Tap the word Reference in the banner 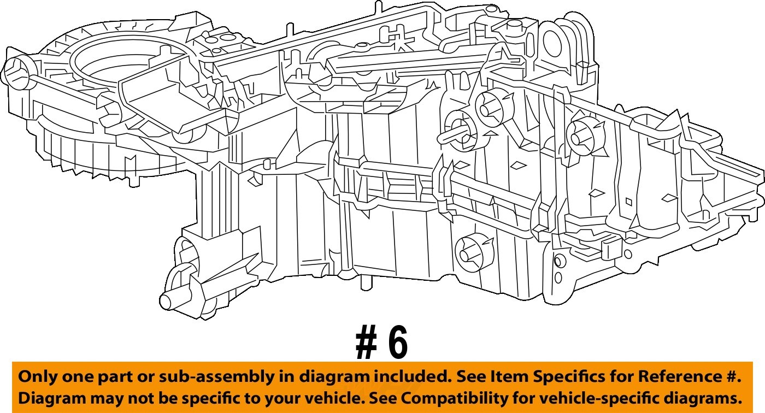679,377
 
